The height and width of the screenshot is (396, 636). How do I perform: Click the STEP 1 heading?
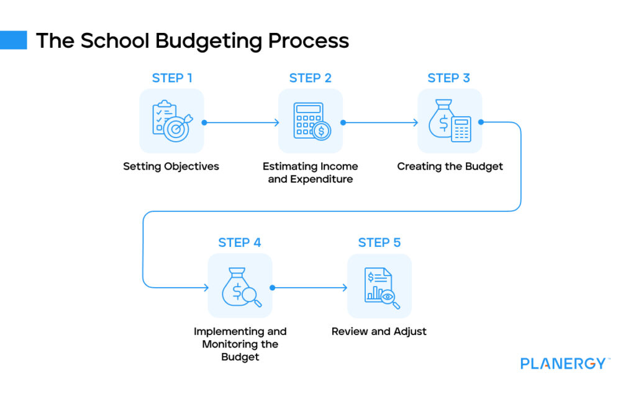pyautogui.click(x=171, y=78)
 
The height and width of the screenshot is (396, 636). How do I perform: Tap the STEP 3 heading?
pyautogui.click(x=448, y=78)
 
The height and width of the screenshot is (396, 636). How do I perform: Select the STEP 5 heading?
pyautogui.click(x=379, y=242)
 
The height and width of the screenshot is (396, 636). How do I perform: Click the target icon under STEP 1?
pyautogui.click(x=171, y=121)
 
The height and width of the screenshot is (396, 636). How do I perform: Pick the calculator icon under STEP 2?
pyautogui.click(x=311, y=121)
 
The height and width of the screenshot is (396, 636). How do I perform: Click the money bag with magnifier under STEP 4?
pyautogui.click(x=240, y=286)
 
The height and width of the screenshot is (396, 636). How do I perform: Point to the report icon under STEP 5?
pyautogui.click(x=379, y=286)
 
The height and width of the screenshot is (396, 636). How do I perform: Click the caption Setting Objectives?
pyautogui.click(x=171, y=167)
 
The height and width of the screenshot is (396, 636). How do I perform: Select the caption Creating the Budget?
pyautogui.click(x=450, y=167)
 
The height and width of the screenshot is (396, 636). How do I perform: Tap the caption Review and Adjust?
pyautogui.click(x=379, y=331)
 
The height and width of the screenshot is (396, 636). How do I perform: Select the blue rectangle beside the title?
pyautogui.click(x=14, y=40)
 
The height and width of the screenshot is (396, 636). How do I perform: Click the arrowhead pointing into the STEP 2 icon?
pyautogui.click(x=276, y=122)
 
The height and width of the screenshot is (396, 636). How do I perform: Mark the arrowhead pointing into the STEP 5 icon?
pyautogui.click(x=345, y=287)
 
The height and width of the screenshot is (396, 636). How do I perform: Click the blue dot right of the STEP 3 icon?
pyautogui.click(x=481, y=122)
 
